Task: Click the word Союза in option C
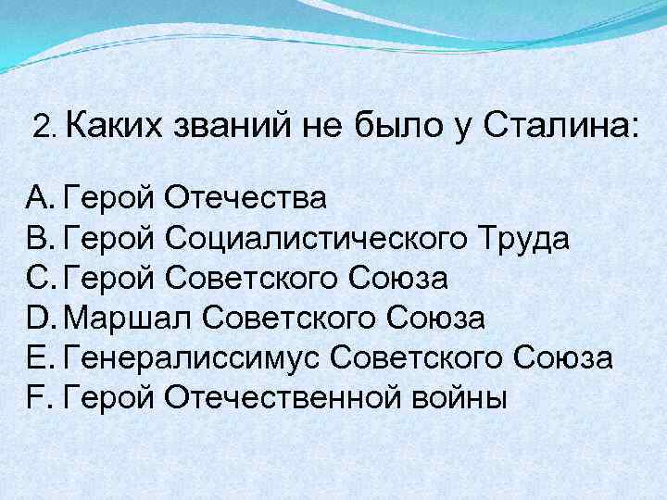point(398,278)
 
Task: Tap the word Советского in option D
point(283,318)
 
